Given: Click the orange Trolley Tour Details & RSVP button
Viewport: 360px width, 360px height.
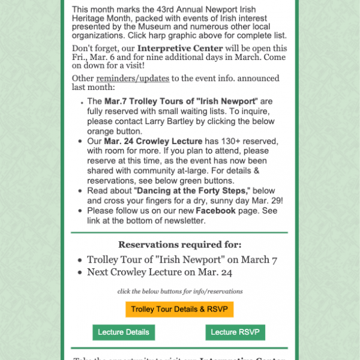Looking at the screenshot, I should (x=179, y=309).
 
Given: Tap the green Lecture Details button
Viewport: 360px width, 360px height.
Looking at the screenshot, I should (x=124, y=332).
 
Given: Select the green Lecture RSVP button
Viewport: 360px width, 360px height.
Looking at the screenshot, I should (x=235, y=332).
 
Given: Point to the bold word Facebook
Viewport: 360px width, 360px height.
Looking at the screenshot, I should (x=215, y=211).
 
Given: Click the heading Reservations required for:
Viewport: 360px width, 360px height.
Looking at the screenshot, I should (x=180, y=244).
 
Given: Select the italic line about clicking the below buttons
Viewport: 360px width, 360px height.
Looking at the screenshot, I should (x=180, y=291).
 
